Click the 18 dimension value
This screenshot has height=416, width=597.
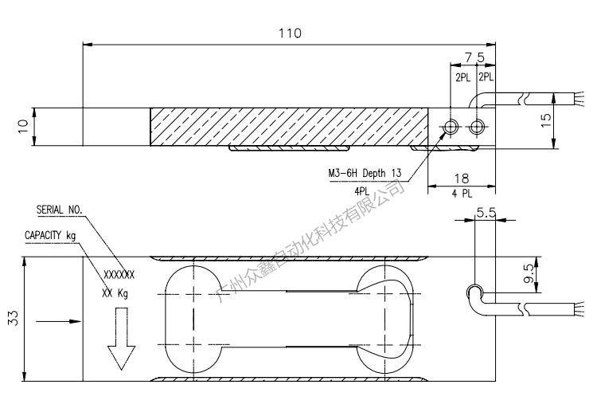click(x=462, y=179)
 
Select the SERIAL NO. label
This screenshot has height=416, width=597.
click(x=60, y=210)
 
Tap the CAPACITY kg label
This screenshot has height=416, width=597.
click(x=50, y=236)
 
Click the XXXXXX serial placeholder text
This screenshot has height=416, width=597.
click(x=119, y=274)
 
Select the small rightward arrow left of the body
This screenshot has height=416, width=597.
click(x=59, y=321)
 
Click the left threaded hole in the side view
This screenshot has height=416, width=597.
click(x=451, y=127)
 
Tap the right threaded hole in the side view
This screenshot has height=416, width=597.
click(x=478, y=127)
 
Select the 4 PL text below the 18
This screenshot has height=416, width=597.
click(x=462, y=194)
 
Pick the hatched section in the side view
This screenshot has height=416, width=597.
click(x=290, y=127)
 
